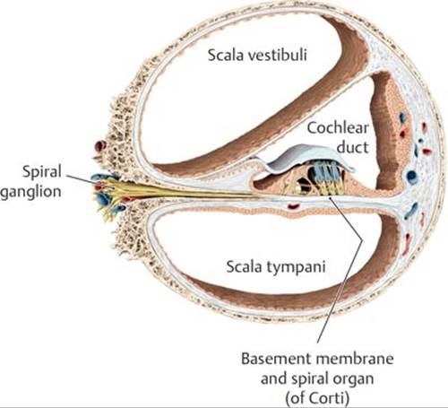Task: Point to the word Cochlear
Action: click(x=338, y=128)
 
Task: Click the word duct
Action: click(x=352, y=147)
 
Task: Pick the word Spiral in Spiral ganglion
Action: click(x=42, y=172)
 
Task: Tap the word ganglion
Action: click(x=30, y=192)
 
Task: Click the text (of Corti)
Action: click(x=317, y=398)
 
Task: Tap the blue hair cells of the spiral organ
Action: click(x=325, y=174)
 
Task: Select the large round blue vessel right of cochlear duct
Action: click(x=411, y=176)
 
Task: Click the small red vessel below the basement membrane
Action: click(x=293, y=206)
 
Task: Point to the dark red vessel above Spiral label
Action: click(x=100, y=146)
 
